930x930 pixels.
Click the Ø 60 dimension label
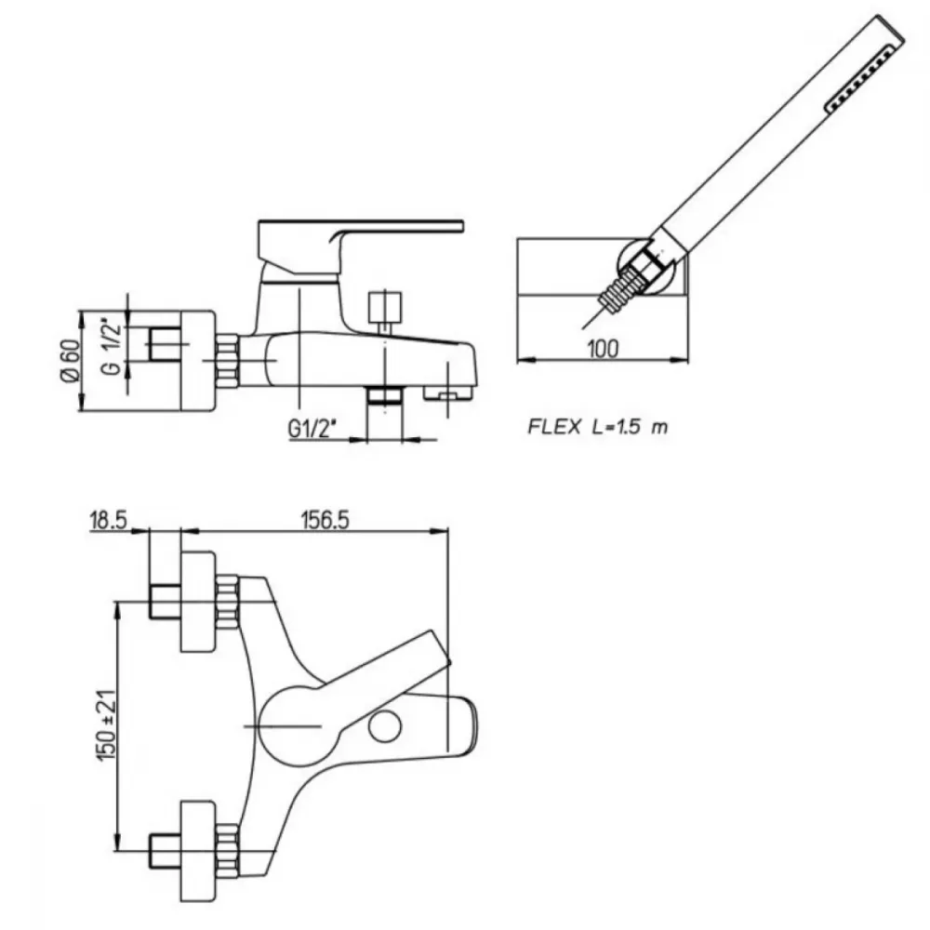(71, 361)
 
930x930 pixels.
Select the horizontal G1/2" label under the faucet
(312, 428)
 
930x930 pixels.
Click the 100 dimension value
(603, 348)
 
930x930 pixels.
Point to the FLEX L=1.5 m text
(598, 427)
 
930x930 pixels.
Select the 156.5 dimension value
(325, 520)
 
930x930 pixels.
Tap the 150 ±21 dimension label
(106, 725)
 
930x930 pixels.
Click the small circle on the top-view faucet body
(384, 727)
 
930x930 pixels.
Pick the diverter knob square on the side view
(385, 307)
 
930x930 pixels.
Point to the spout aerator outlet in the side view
(448, 392)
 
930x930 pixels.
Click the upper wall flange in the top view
(198, 601)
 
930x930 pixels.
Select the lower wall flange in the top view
(198, 851)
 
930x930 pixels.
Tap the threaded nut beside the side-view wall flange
(227, 361)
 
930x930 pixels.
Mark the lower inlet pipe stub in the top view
(165, 851)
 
